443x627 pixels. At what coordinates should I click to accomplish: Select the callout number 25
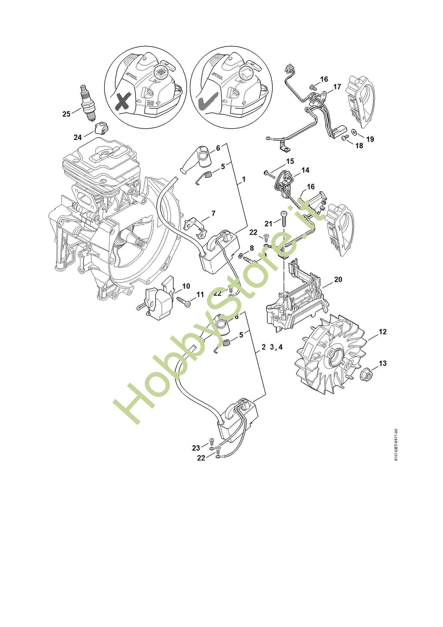pos(66,114)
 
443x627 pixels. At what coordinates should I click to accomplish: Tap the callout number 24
pos(78,137)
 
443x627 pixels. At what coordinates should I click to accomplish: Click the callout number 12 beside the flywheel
pos(382,332)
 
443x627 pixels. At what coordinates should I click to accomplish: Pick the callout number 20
pos(338,279)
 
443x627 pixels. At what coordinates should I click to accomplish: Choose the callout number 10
pos(186,286)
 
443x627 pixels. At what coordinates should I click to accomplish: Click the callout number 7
pos(213,213)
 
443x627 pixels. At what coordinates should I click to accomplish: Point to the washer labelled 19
pos(354,132)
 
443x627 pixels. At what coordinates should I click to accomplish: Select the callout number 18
pos(359,146)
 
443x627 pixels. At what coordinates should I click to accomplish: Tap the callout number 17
pos(337,87)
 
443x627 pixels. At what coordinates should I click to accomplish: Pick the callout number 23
pos(196,448)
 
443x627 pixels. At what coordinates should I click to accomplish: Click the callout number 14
pos(305,170)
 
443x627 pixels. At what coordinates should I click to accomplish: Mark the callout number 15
pos(290,161)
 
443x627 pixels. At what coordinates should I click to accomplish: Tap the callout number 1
pos(243,179)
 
